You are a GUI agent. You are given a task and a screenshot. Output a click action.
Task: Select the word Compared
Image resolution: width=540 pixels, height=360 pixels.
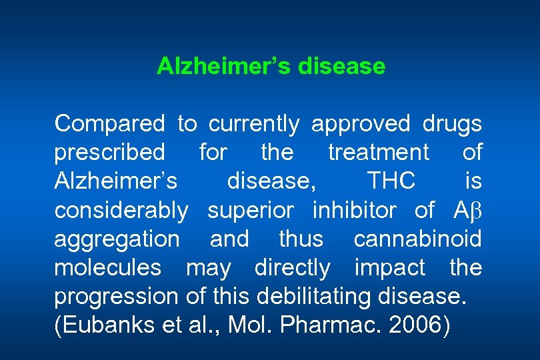[x=109, y=124]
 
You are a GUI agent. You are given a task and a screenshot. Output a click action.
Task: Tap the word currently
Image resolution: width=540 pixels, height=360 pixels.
[x=254, y=124]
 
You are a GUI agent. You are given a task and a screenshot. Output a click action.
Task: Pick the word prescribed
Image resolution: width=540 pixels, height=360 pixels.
[x=109, y=153]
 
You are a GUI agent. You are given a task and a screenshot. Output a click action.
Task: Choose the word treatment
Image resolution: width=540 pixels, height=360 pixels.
[x=379, y=153]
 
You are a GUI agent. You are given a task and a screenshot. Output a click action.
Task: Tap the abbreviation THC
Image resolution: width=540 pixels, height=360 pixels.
[x=391, y=181]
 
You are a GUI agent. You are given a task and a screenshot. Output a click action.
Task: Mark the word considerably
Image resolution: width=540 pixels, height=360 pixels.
[x=121, y=211]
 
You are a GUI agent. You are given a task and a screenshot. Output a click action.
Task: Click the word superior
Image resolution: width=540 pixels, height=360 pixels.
[x=250, y=211]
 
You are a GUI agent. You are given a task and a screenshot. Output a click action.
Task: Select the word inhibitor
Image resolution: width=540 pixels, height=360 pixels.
[x=353, y=211]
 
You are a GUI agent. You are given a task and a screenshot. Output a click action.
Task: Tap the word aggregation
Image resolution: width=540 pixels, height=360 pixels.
[x=117, y=240]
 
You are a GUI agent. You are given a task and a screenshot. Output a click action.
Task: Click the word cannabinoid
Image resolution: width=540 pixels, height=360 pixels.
[x=417, y=239]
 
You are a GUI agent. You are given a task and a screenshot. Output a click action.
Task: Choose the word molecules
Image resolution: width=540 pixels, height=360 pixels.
[x=108, y=268]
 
